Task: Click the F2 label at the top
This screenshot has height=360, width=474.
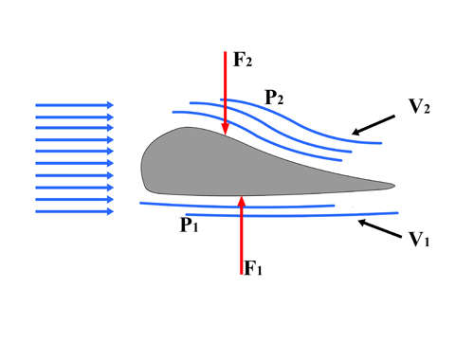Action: tap(243, 59)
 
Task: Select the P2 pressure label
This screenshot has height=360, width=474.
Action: tap(275, 97)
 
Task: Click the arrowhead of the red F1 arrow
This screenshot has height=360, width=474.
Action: tap(243, 200)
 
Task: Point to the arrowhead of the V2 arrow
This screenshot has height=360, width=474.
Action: tap(355, 133)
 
